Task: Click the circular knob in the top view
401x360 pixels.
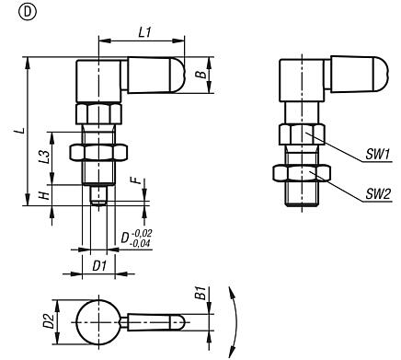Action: [97, 321]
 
